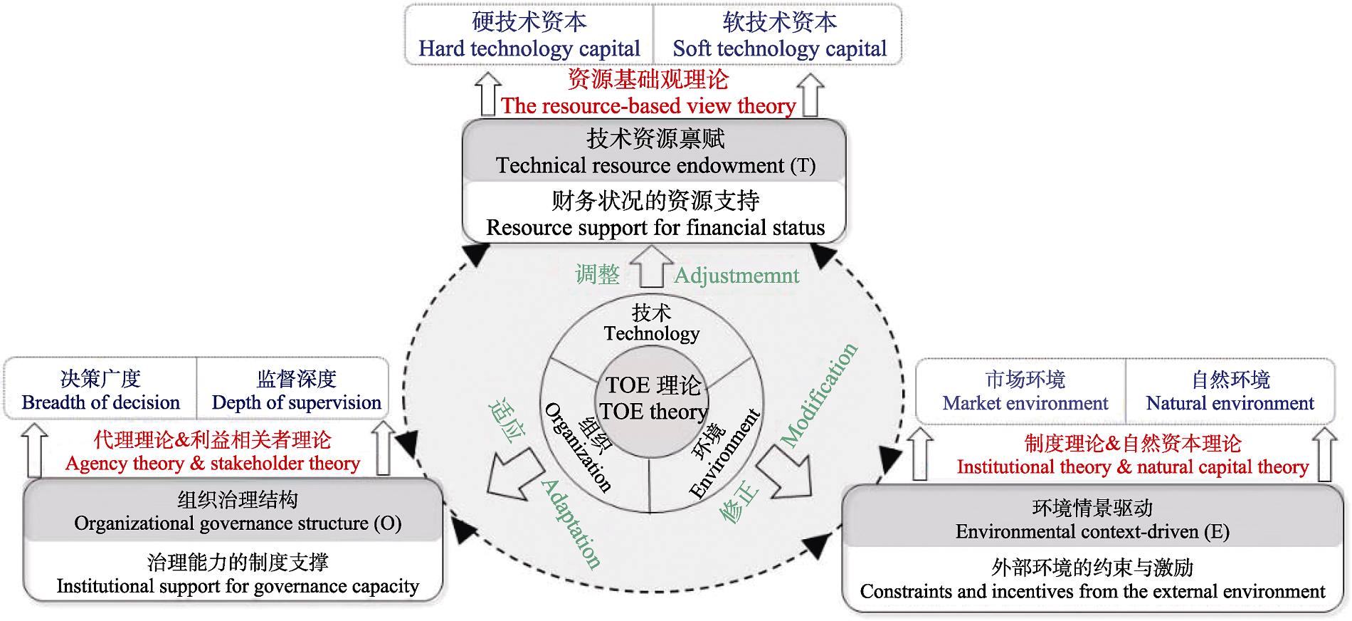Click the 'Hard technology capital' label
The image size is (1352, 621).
529,48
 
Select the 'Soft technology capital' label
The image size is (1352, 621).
779,48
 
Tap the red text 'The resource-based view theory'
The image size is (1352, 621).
648,106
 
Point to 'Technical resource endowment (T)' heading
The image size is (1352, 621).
655,165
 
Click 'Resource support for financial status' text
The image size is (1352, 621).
655,228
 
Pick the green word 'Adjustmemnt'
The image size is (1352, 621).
736,276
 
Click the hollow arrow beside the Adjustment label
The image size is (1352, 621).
651,266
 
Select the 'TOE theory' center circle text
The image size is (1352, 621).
653,411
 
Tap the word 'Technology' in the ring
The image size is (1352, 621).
651,333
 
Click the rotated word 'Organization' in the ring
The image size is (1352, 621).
578,447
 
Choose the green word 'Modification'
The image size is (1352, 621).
819,395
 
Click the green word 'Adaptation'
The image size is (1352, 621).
571,523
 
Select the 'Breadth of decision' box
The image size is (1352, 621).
100,402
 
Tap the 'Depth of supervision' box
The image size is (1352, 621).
296,402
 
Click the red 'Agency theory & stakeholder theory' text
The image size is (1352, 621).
212,464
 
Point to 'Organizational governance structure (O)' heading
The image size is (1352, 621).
238,523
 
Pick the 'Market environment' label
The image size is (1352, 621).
1025,403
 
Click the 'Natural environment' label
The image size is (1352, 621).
1230,403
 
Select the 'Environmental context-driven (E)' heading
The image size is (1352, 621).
1092,532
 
